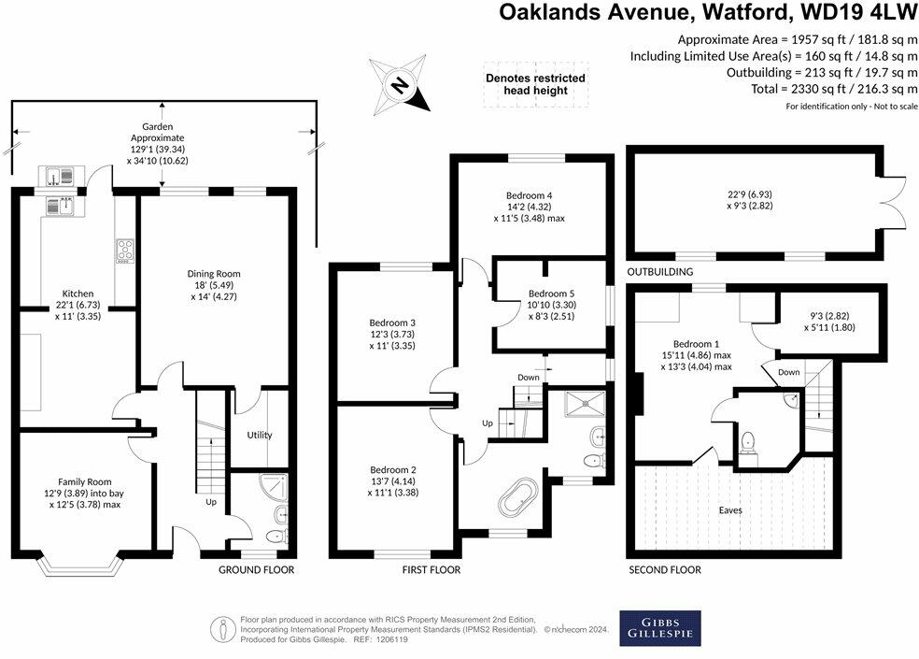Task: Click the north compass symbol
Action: (x=399, y=86)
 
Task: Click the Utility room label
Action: (x=259, y=436)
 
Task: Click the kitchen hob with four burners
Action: (x=124, y=251)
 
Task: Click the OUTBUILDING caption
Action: (x=659, y=272)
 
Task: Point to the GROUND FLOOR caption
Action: (x=256, y=569)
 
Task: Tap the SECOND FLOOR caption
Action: (x=665, y=569)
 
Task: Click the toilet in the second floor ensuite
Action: (x=747, y=441)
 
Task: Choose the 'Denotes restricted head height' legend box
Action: (x=535, y=84)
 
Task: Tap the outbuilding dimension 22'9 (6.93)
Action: (x=756, y=194)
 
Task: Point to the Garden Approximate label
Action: (x=157, y=132)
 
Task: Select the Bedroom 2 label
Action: (x=393, y=470)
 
